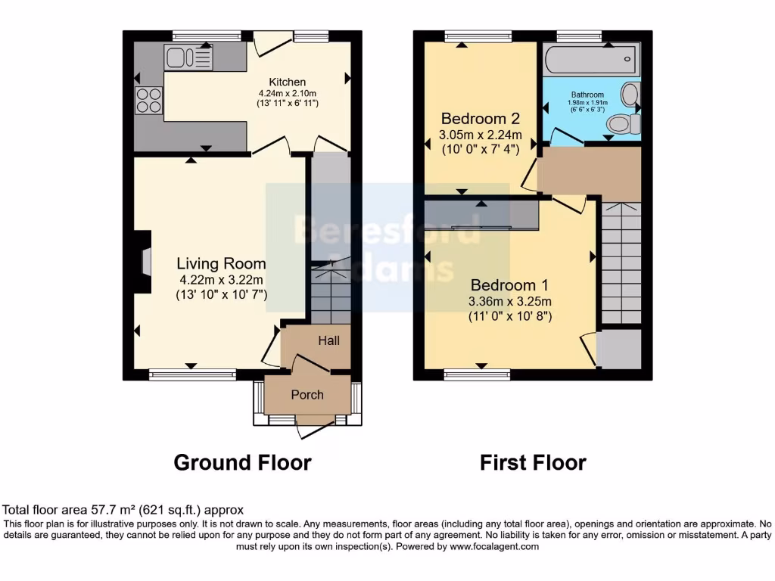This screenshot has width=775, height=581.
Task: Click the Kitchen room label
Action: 288,82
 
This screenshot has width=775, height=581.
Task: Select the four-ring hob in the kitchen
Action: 148,100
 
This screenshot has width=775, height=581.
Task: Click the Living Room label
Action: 221,263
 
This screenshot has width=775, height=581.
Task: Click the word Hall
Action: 328,341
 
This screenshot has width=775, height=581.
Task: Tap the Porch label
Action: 307,395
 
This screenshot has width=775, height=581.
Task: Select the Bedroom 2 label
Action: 480,119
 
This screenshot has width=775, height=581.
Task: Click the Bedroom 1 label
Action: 509,285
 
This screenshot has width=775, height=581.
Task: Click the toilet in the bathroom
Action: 623,123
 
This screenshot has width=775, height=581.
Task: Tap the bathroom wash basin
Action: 630,95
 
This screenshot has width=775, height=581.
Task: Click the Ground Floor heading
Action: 242,462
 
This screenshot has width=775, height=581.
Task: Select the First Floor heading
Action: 533,462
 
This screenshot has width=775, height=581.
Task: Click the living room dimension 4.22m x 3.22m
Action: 221,279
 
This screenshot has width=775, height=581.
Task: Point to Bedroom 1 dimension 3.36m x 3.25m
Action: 509,301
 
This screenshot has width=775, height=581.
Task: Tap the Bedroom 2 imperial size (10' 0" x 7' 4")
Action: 480,149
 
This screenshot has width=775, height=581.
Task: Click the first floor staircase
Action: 621,261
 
